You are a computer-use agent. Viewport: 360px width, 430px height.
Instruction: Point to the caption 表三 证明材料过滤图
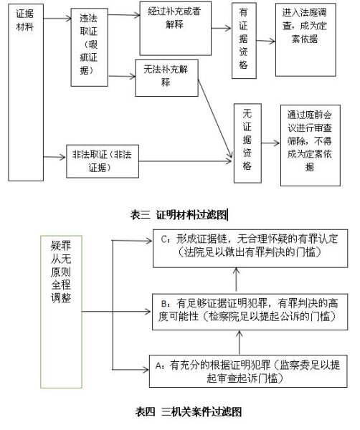(179, 215)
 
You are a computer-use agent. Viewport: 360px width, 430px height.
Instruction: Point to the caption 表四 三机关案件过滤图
(188, 412)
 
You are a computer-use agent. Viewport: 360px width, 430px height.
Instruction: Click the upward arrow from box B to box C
(236, 280)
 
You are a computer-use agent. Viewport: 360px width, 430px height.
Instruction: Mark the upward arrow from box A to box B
(240, 343)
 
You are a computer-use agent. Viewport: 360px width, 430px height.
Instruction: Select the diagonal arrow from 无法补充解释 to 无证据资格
(215, 119)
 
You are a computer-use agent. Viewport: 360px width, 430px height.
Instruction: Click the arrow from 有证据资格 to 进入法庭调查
(265, 41)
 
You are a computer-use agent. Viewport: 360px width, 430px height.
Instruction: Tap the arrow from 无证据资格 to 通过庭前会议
(270, 143)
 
